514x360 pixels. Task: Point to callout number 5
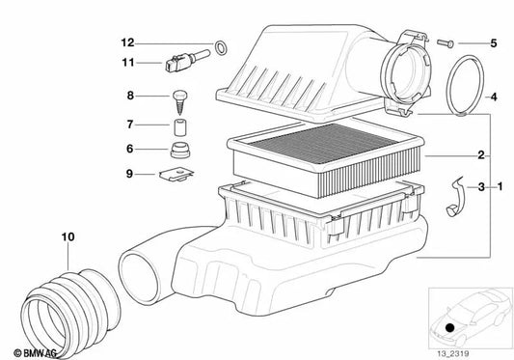pyautogui.click(x=493, y=42)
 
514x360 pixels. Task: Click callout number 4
pyautogui.click(x=493, y=97)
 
